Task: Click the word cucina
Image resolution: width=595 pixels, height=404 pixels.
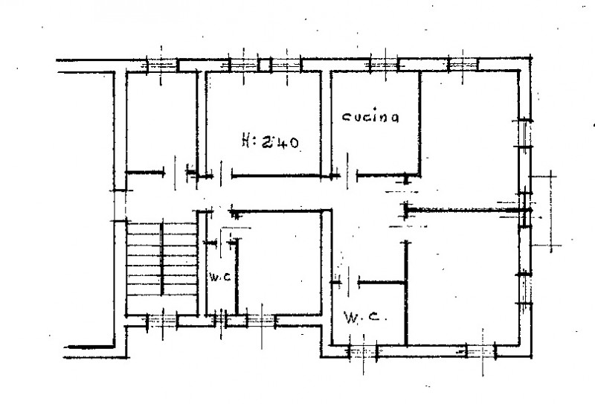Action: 371,117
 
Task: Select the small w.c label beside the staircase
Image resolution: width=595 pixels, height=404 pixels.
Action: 217,278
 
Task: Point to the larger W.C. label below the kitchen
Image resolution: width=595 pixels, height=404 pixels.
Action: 362,318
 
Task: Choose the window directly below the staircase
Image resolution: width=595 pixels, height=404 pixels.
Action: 161,321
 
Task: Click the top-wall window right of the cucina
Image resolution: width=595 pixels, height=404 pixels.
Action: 461,65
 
